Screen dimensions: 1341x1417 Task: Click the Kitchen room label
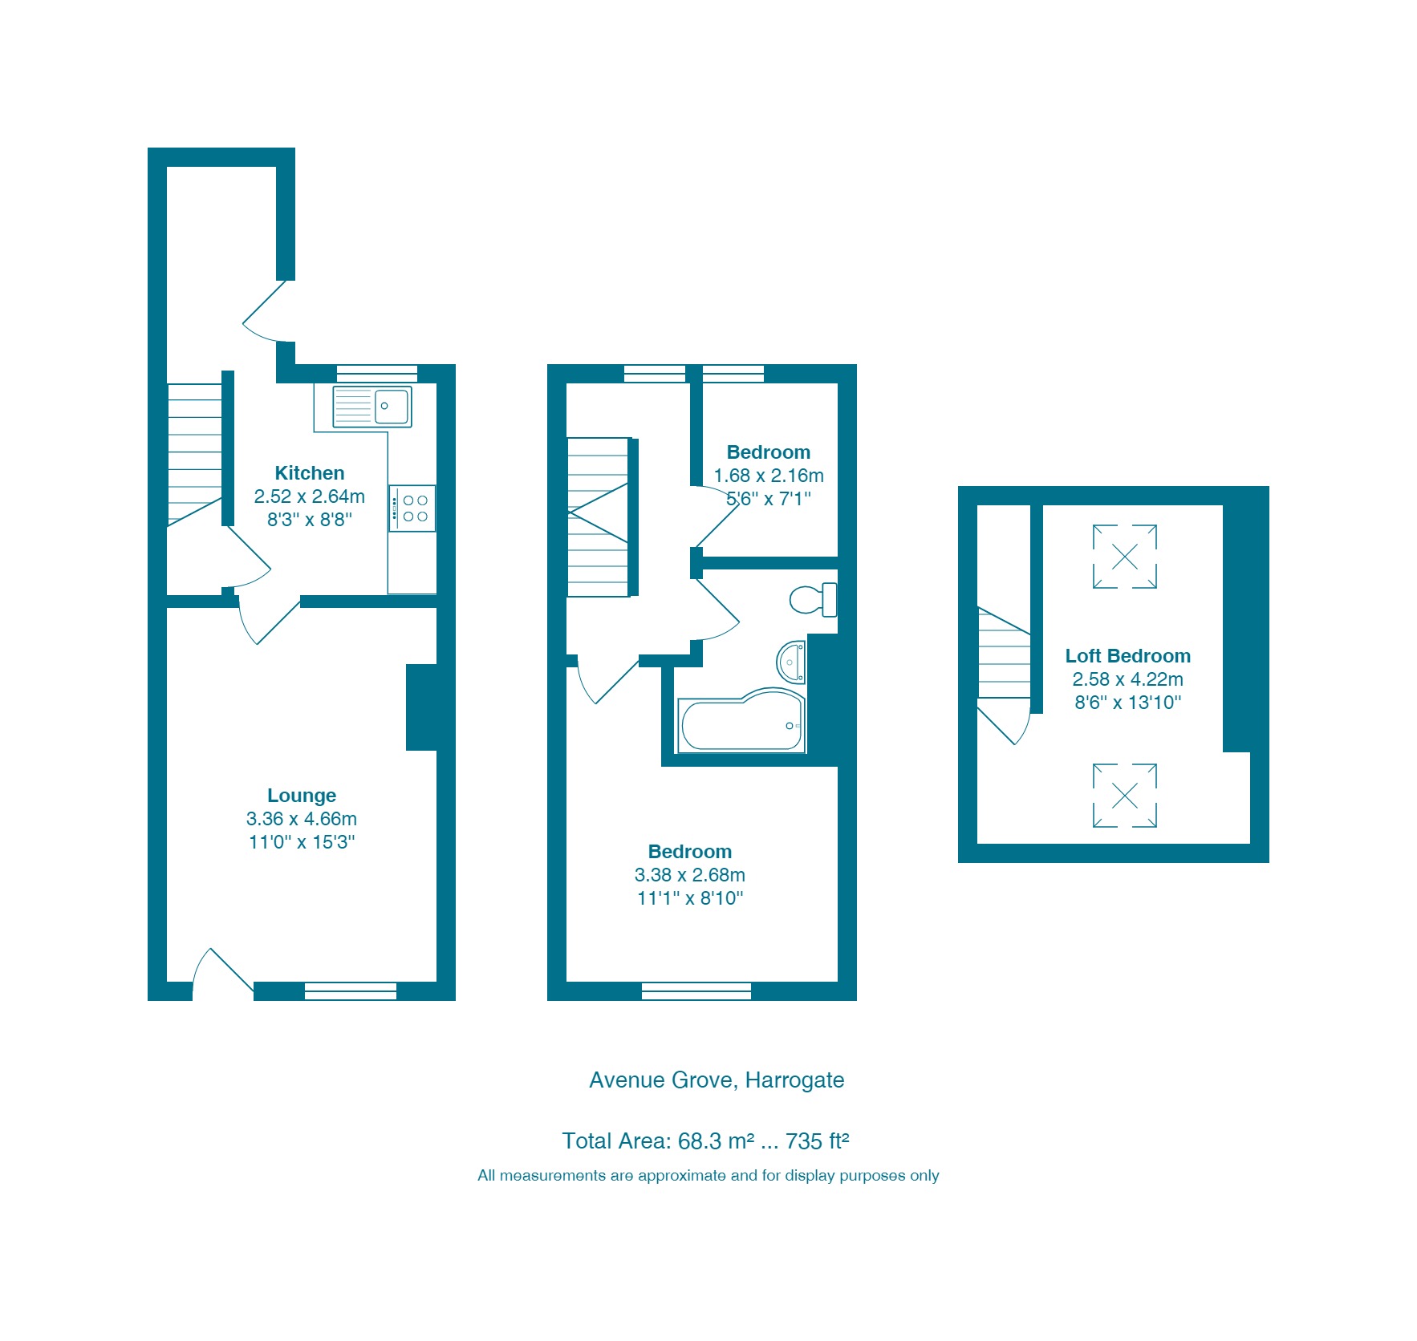coord(309,473)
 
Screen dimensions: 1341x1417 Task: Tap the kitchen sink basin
coord(392,407)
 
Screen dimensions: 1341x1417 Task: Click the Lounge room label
coord(301,796)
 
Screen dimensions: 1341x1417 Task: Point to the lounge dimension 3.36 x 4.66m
coord(301,819)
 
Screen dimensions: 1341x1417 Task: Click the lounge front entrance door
coord(224,974)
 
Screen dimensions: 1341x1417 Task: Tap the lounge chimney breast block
coord(422,707)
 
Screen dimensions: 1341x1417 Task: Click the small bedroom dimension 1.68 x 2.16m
coord(769,476)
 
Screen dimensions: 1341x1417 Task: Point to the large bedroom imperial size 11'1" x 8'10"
coord(690,898)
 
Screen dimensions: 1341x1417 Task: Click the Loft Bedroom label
coord(1127,656)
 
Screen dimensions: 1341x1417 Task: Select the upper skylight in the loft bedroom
coord(1125,557)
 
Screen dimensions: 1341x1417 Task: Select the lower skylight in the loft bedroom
coord(1125,796)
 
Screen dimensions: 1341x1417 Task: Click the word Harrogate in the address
coord(794,1080)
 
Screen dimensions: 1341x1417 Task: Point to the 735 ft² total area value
coord(817,1141)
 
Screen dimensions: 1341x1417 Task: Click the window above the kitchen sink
coord(377,374)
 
